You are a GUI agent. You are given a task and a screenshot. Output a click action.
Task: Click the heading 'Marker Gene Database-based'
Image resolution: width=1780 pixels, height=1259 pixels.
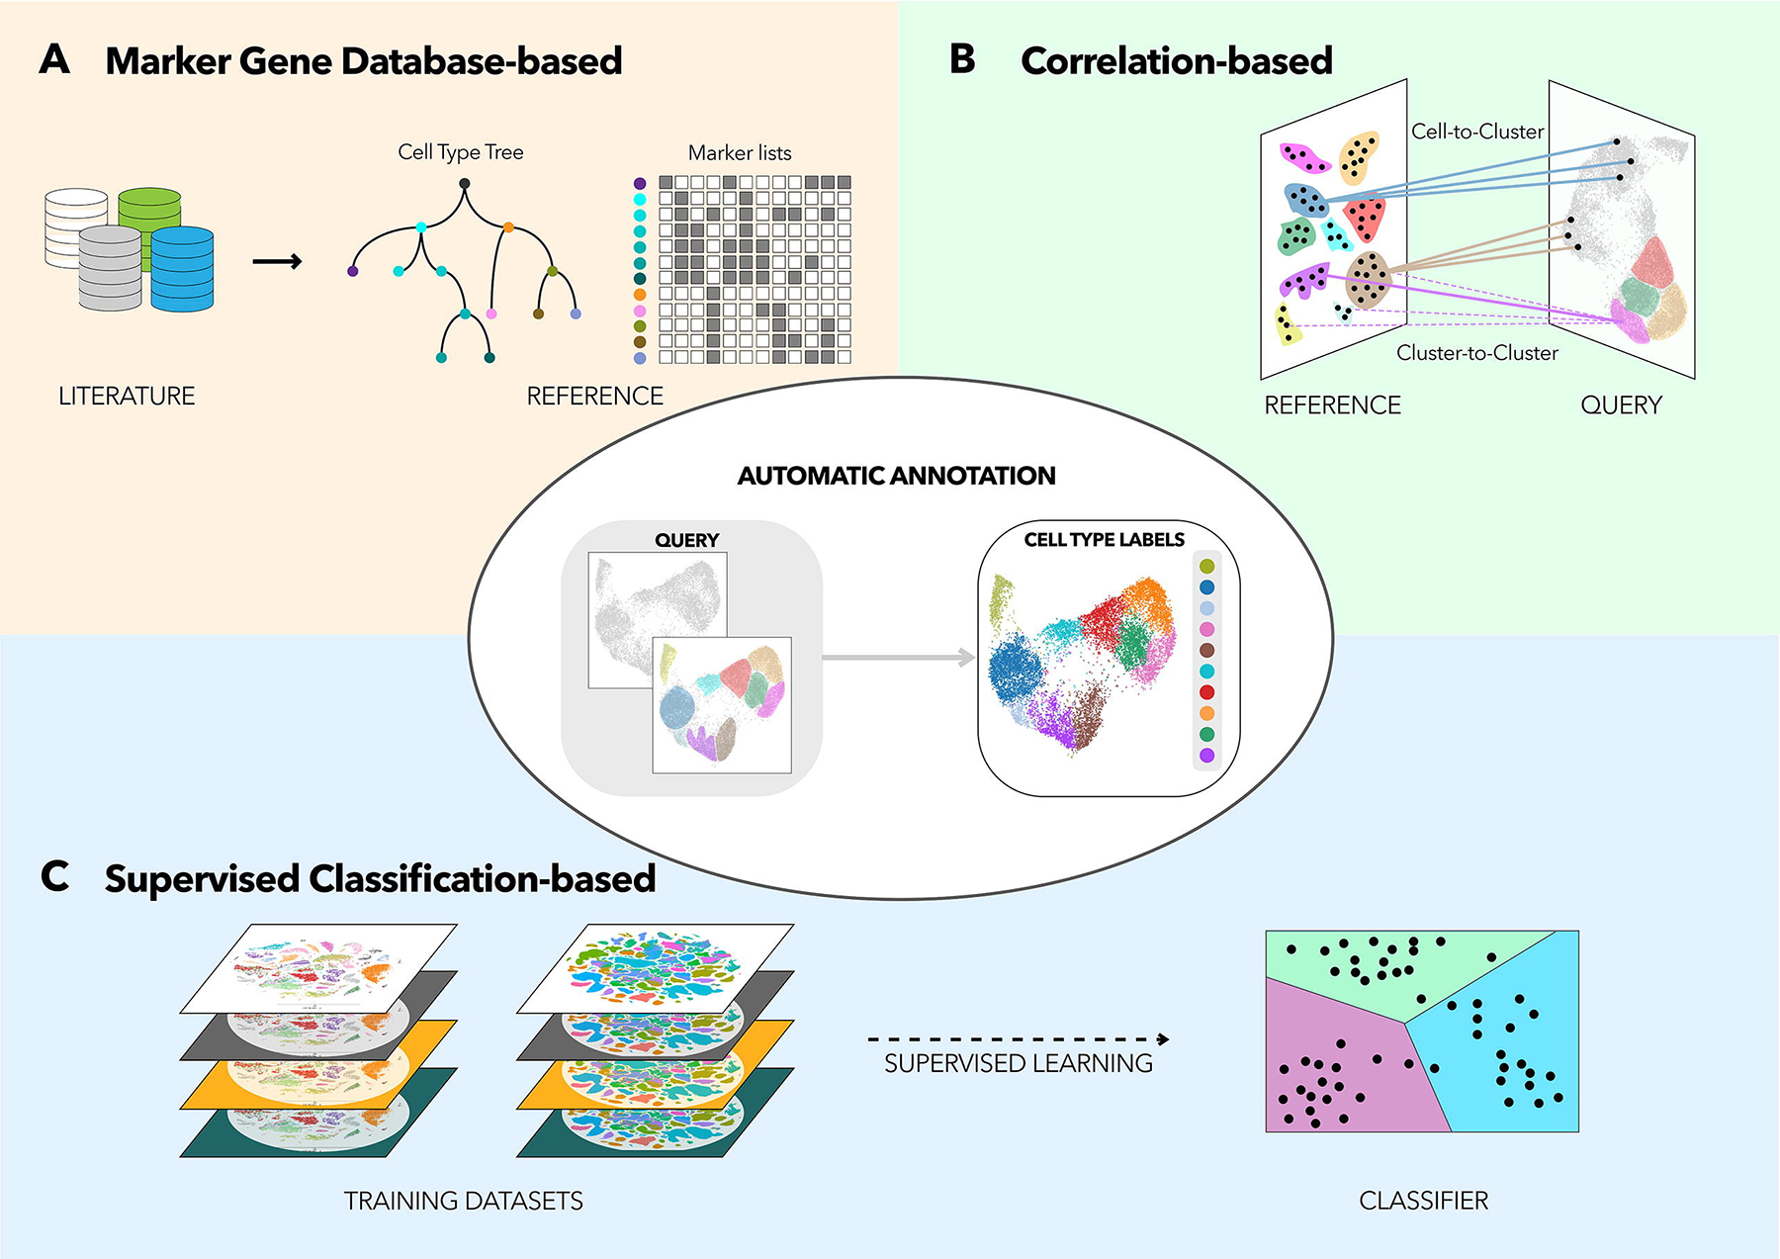pos(363,61)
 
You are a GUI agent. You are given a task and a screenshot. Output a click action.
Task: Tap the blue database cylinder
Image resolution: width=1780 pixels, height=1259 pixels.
pos(183,269)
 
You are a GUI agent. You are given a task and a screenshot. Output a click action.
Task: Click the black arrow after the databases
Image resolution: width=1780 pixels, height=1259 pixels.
pos(277,262)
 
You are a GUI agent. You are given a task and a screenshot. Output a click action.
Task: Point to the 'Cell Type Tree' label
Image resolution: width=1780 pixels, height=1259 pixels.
pos(460,152)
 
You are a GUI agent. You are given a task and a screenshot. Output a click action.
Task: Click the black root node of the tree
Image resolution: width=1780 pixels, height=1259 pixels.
pos(465,183)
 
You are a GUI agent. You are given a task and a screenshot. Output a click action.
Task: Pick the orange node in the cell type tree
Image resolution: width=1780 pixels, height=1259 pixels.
pos(508,227)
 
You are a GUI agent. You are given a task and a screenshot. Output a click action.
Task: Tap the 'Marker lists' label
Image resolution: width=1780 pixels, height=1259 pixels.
pos(740,153)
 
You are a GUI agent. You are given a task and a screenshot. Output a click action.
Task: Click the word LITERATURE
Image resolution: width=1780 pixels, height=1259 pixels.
pos(127,397)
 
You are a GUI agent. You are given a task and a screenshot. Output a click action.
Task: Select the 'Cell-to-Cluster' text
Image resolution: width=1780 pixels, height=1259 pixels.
pos(1476,132)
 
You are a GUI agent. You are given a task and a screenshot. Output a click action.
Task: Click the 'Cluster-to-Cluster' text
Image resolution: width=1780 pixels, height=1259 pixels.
pos(1476,353)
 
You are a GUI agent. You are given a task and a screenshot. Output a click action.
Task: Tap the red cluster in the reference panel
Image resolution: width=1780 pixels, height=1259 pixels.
pos(1366,218)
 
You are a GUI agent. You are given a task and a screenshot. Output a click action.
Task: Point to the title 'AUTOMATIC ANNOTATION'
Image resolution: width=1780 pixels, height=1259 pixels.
pos(896,476)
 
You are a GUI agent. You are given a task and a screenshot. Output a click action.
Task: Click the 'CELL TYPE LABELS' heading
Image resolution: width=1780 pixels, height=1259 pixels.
pos(1104,540)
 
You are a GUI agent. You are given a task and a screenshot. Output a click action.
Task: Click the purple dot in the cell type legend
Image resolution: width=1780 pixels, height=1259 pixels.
pos(1206,756)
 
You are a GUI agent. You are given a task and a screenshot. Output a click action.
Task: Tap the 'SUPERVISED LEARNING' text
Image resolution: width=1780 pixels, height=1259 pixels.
pos(1018,1064)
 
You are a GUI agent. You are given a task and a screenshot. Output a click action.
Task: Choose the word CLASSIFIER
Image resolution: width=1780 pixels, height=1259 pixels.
pos(1423,1201)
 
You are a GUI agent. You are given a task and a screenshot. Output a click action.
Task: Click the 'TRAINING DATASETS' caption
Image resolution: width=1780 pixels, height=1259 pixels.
pos(463,1201)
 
